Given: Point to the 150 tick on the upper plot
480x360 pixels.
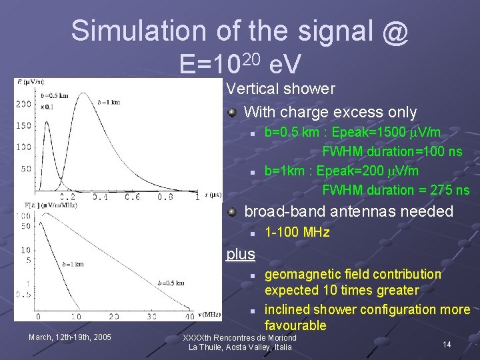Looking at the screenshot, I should click(24, 125).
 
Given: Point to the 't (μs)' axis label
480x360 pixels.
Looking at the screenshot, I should click(212, 195).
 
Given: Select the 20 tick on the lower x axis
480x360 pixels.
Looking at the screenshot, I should click(114, 316).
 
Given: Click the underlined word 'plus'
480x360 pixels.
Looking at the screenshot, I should click(240, 254).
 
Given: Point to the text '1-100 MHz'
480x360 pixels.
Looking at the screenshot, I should click(297, 233).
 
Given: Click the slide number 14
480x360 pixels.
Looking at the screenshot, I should click(447, 344).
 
